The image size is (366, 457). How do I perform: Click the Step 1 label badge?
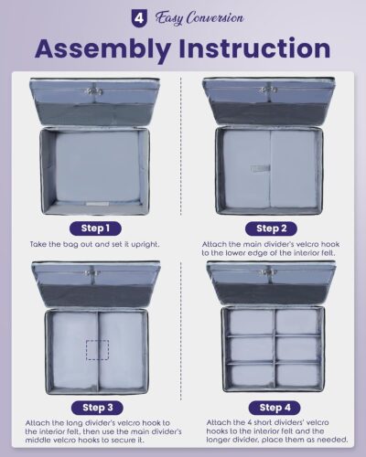click(x=95, y=228)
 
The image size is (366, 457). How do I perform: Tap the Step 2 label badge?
click(x=271, y=228)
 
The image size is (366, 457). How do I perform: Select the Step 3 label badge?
click(x=97, y=408)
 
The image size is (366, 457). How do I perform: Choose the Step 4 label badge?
click(x=274, y=408)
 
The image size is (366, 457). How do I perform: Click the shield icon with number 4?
click(x=138, y=18)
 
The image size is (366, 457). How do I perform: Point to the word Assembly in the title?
click(x=102, y=48)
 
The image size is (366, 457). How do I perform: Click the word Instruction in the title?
click(x=254, y=48)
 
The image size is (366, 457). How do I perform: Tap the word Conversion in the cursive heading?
click(x=215, y=17)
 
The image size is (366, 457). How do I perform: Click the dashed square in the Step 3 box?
click(x=97, y=350)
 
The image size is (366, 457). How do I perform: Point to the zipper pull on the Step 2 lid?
click(x=267, y=90)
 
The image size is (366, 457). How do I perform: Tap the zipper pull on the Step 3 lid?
click(x=93, y=273)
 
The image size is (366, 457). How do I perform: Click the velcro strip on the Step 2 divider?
click(x=261, y=168)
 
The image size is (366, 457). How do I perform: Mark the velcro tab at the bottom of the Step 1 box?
click(x=97, y=204)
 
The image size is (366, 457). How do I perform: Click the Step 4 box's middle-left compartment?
click(x=251, y=349)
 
